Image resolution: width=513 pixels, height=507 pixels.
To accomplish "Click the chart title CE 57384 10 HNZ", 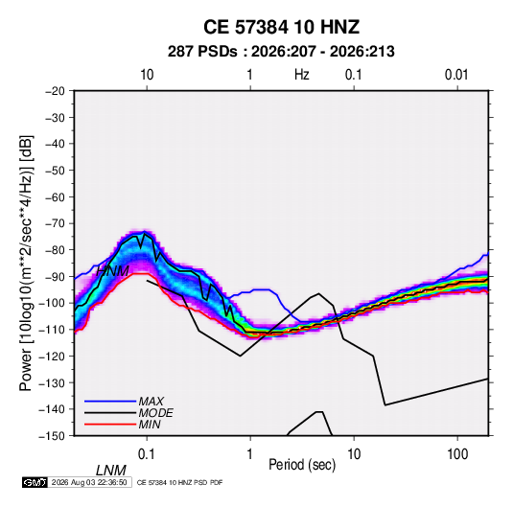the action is (281, 27).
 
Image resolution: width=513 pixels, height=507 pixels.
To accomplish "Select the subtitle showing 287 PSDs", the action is (281, 52).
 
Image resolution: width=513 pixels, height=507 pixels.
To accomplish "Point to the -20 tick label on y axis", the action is (55, 91).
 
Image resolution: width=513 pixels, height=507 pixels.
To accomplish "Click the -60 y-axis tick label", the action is (55, 196).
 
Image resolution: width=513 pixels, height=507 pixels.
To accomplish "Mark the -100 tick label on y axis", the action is (52, 303).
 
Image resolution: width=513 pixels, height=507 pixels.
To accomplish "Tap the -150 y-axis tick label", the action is (52, 436).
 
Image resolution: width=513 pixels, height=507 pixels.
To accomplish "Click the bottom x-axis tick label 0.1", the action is (147, 454).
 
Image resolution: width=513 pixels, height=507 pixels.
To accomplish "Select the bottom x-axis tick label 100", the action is (457, 454).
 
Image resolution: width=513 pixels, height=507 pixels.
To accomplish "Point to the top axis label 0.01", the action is (456, 75).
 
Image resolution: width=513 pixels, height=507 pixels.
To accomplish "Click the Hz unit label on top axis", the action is (302, 75).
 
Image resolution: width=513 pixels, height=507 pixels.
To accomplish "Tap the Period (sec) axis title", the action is (302, 465).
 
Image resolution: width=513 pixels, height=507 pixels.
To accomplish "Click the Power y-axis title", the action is (26, 263).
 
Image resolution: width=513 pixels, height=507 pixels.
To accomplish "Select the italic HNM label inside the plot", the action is (112, 271).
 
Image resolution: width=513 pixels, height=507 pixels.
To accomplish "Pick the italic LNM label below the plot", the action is (111, 471).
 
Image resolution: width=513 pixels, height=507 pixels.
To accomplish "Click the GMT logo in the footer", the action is (35, 482).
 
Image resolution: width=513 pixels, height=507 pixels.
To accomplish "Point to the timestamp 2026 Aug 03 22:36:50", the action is (89, 482).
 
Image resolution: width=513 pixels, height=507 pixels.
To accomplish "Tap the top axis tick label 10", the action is (147, 75).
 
